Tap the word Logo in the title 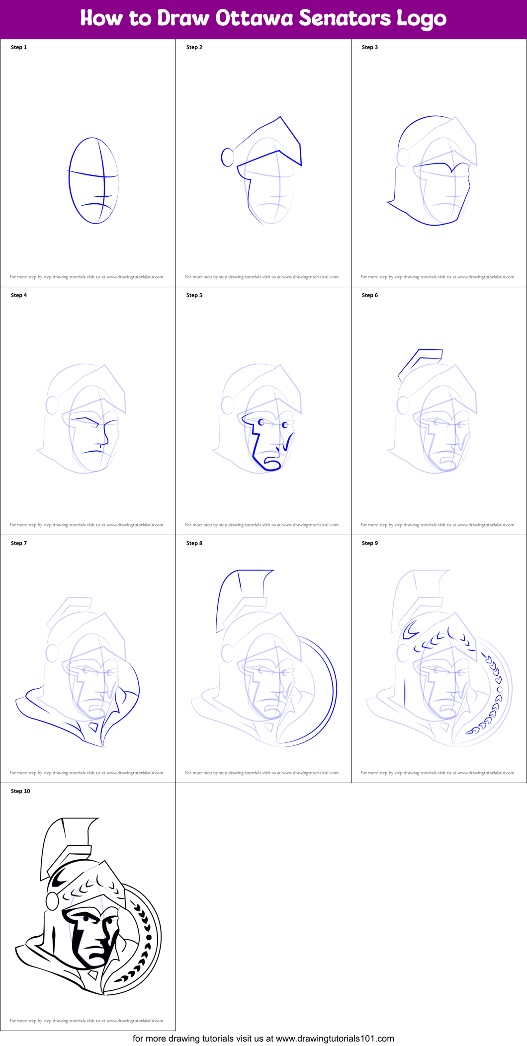(x=421, y=19)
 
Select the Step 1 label (x=19, y=47)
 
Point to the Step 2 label (x=194, y=47)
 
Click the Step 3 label (x=370, y=47)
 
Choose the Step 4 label (x=19, y=295)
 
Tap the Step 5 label (x=194, y=295)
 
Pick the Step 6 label (x=370, y=295)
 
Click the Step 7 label (x=19, y=543)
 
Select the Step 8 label (x=194, y=543)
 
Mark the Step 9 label (x=370, y=543)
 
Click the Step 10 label (x=20, y=791)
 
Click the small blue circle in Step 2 (x=228, y=157)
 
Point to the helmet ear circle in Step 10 (x=52, y=900)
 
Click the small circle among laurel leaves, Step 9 (x=500, y=690)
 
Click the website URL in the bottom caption (x=335, y=1039)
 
